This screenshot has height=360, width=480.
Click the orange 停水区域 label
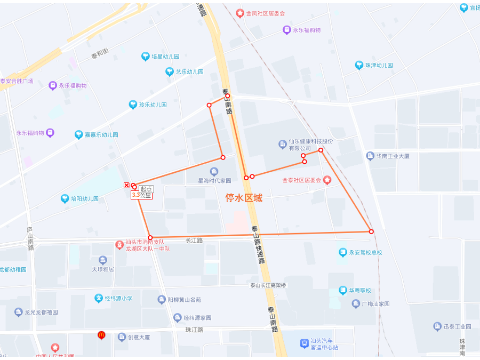(x=244, y=198)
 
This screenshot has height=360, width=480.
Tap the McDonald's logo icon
(x=101, y=335)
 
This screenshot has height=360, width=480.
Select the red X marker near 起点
(x=126, y=185)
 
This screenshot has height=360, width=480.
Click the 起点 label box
(x=146, y=189)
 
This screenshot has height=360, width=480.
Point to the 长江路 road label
(x=194, y=241)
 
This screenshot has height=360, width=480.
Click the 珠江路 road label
(x=194, y=330)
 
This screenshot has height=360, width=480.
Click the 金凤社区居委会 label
(x=265, y=13)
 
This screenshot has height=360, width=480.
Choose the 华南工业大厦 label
(x=391, y=156)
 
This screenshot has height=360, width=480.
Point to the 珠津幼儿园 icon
(x=359, y=65)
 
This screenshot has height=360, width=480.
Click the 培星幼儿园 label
(x=165, y=56)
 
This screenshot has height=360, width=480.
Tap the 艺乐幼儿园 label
(x=190, y=71)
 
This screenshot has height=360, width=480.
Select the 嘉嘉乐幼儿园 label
(x=101, y=135)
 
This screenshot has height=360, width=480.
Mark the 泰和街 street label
(x=100, y=53)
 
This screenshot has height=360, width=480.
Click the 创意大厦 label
(x=139, y=337)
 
